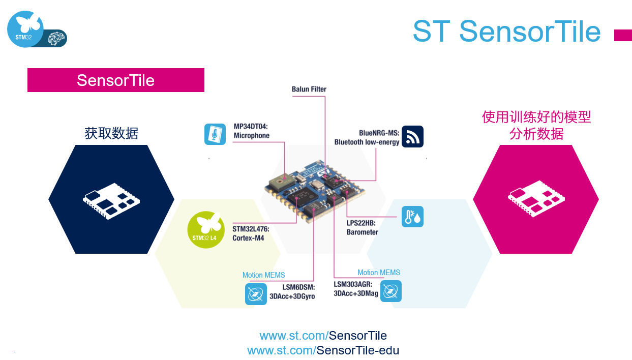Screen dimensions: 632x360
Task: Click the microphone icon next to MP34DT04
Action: pos(215,134)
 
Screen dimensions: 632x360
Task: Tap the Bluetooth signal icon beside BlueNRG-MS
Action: pos(412,137)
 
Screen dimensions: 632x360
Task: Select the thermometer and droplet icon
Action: pos(412,217)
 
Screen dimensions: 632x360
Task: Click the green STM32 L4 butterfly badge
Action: pos(206,230)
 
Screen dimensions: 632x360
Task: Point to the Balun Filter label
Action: pos(309,89)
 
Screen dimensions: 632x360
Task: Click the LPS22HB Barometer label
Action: pos(363,227)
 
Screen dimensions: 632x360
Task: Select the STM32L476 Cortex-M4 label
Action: pos(251,233)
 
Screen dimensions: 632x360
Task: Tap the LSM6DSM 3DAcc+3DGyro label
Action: pos(292,292)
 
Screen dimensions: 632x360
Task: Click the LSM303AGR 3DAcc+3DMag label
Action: pos(356,289)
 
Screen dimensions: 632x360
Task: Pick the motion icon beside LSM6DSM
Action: pos(256,294)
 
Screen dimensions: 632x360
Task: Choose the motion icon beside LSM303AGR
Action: pos(391,291)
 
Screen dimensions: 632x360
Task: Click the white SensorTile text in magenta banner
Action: pos(116,80)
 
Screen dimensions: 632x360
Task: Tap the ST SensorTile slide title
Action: pos(507,31)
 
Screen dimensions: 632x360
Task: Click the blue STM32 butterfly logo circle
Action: pos(25,29)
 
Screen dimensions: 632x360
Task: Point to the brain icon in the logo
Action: pos(56,39)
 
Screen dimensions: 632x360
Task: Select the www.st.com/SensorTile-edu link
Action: pos(323,350)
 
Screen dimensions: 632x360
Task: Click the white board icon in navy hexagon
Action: pos(111,201)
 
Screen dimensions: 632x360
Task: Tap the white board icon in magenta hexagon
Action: pos(536,199)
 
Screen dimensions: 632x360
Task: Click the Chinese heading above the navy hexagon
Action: pos(111,133)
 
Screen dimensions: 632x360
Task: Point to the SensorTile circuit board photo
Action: pos(315,191)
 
